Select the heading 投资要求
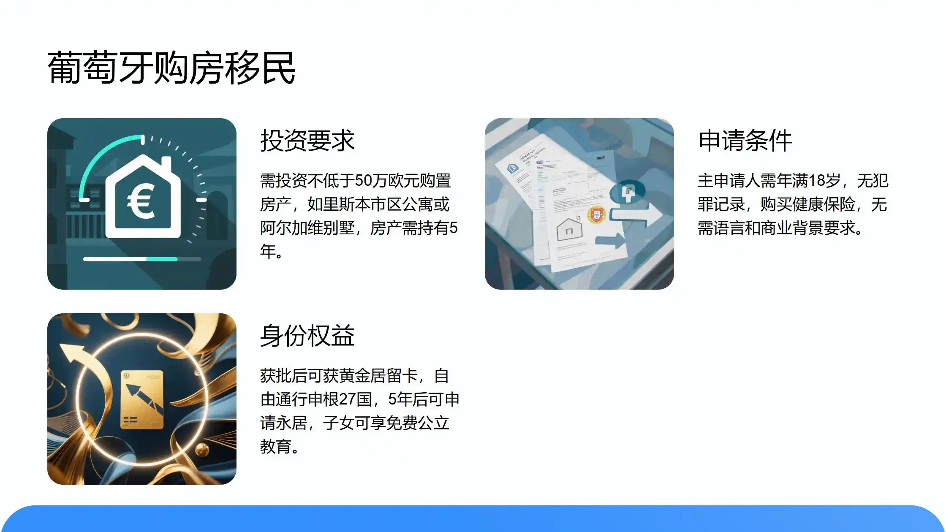[x=307, y=141]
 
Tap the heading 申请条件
[x=745, y=141]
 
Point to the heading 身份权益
[x=307, y=336]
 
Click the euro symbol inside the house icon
[x=141, y=202]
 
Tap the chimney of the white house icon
[x=166, y=164]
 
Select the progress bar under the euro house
[x=142, y=259]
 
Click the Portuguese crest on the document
[x=596, y=214]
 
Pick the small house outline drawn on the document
[x=569, y=230]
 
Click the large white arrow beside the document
[x=638, y=214]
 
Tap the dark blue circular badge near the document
[x=628, y=192]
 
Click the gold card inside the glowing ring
[x=142, y=399]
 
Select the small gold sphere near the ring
[x=202, y=450]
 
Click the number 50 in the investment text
[x=363, y=181]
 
